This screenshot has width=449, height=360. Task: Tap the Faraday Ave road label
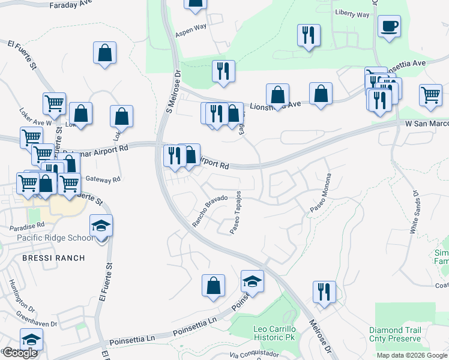coord(67,4)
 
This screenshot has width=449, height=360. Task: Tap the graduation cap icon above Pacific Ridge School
coord(101,226)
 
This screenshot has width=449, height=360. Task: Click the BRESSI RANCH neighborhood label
coord(53,258)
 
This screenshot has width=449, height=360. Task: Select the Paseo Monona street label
coord(321,192)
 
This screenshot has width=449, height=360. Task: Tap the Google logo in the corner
coord(20,353)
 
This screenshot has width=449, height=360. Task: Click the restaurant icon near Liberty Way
coord(309,35)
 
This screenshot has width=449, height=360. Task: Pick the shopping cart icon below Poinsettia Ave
coord(431,95)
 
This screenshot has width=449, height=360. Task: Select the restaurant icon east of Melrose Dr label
coord(324,292)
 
